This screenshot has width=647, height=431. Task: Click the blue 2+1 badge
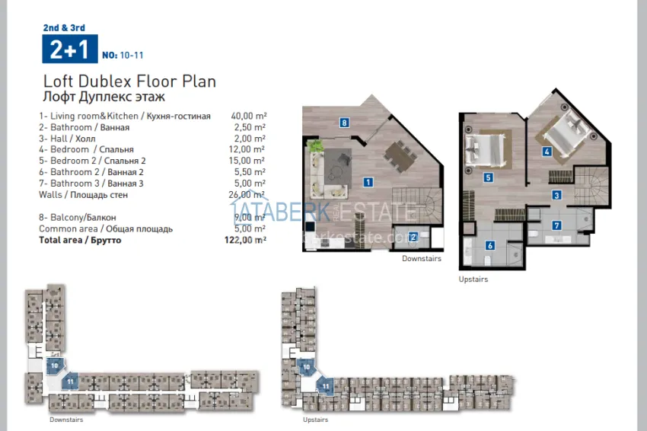click(67, 50)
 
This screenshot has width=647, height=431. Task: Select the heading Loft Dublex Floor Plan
click(129, 81)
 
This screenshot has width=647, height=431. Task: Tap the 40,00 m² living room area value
click(248, 116)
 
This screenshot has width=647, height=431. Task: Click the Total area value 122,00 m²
click(248, 240)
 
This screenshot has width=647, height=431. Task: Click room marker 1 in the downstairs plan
click(368, 182)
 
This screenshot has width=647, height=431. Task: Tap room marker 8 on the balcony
click(345, 123)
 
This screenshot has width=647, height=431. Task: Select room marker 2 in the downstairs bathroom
click(413, 237)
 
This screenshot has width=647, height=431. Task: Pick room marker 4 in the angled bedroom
click(547, 152)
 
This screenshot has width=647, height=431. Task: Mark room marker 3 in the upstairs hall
click(557, 196)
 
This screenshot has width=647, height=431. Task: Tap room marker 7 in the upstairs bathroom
click(557, 225)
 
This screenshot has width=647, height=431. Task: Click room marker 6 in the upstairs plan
click(490, 245)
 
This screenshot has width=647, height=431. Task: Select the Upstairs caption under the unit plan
click(473, 279)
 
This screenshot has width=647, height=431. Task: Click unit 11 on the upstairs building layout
click(325, 386)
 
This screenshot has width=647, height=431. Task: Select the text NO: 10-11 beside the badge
click(123, 56)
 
